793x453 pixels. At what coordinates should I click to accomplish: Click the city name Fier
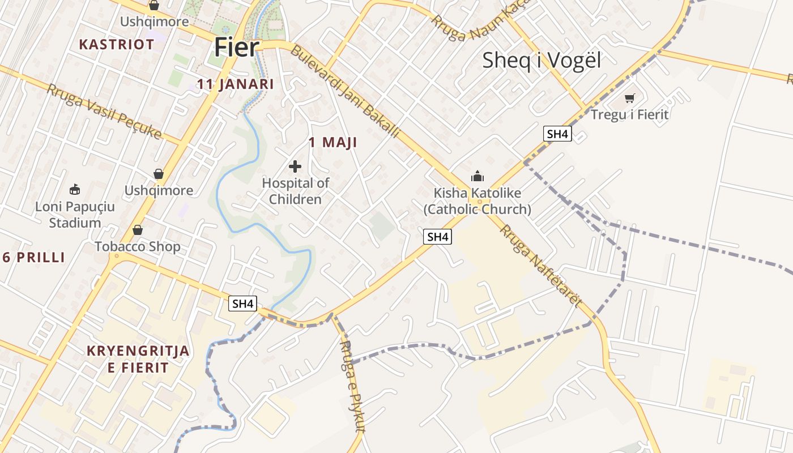pos(237,48)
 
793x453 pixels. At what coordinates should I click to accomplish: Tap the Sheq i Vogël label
pos(541,60)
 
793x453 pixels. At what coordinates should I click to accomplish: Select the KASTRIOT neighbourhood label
pos(117,44)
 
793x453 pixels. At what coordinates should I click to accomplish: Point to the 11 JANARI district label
pos(235,84)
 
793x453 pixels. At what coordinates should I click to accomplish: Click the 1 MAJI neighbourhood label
pos(333,143)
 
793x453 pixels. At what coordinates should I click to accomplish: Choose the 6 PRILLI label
pos(34,258)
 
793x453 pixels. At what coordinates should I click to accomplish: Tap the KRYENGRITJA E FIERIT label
pos(138,359)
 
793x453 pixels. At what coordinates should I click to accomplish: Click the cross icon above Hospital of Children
pos(295,166)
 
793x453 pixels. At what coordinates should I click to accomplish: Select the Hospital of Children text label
pos(295,191)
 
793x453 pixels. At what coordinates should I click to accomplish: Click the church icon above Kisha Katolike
pos(477,176)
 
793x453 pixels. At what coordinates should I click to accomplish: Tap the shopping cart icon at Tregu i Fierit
pos(629,99)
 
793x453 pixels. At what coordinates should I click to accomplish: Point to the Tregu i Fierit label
pos(629,114)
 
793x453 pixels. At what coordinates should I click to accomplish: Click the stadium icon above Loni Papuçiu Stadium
pos(74,189)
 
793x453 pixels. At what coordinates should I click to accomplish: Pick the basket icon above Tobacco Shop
pos(137,230)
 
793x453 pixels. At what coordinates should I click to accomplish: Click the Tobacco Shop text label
pos(137,246)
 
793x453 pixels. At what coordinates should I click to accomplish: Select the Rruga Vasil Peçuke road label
pos(104,112)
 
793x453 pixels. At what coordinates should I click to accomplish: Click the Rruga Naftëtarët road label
pos(540,266)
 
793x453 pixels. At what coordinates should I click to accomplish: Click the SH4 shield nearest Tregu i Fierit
pos(557,134)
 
